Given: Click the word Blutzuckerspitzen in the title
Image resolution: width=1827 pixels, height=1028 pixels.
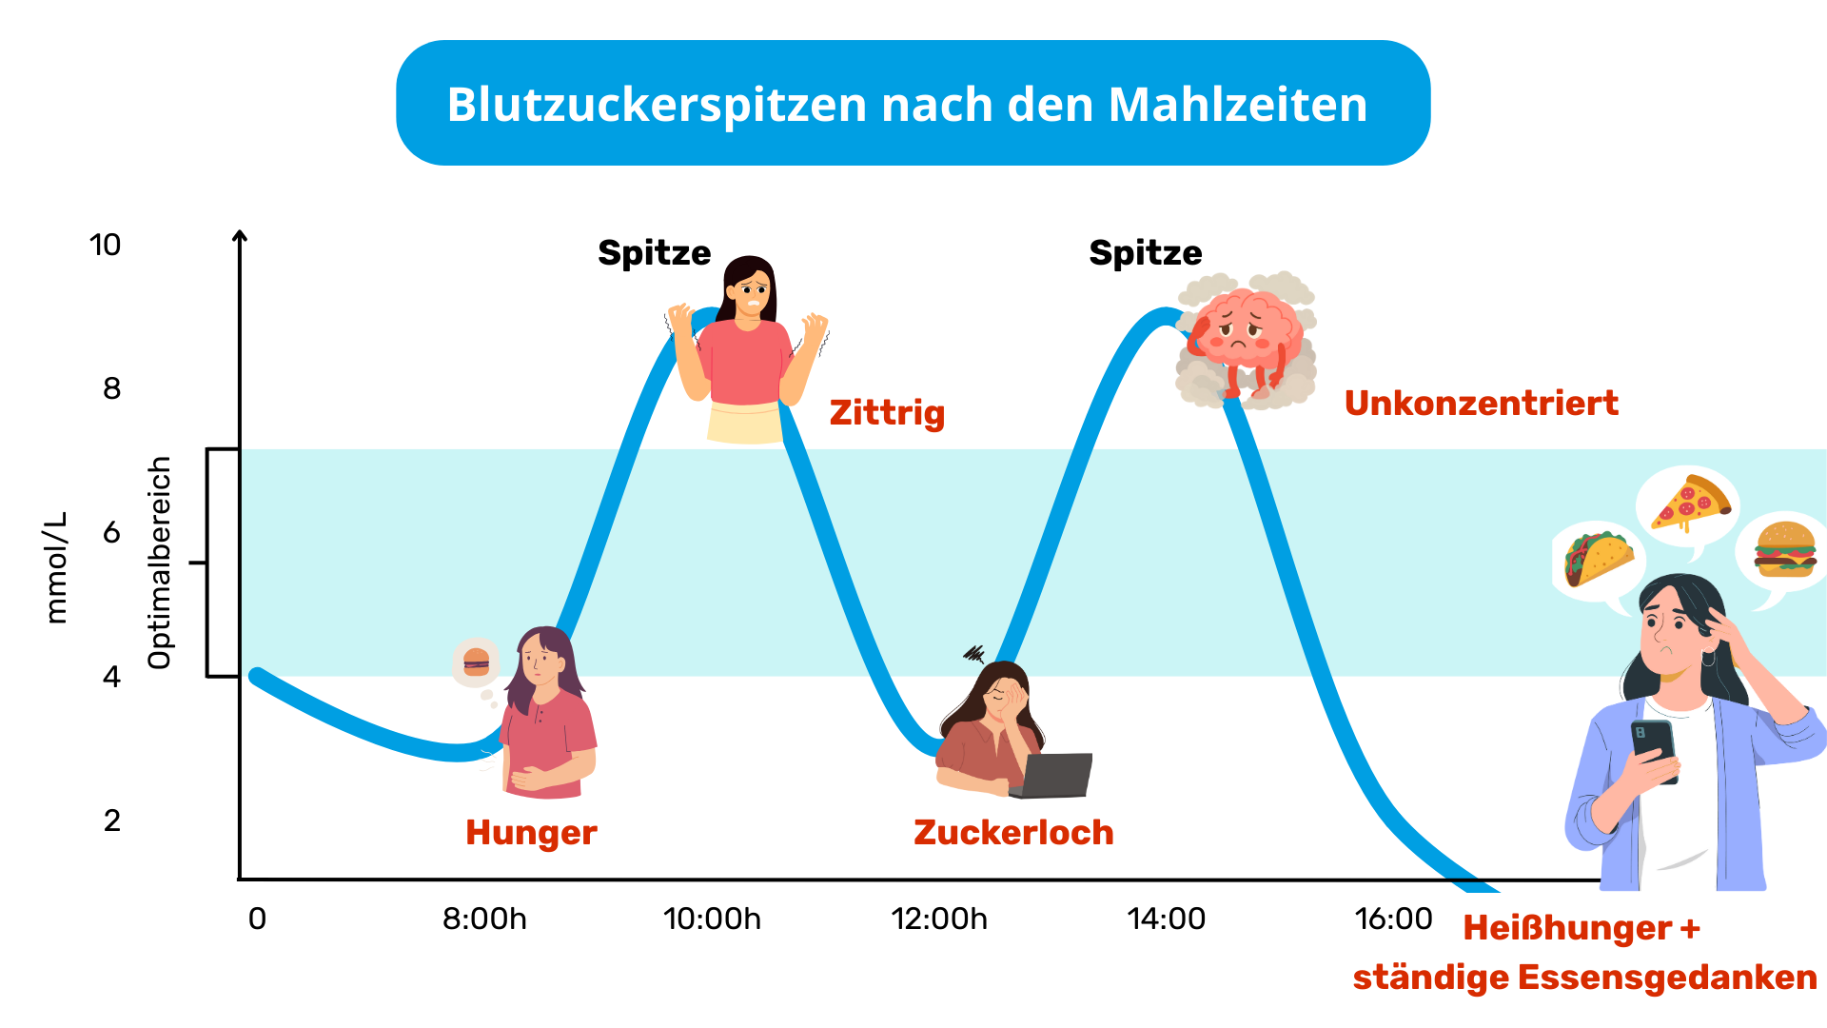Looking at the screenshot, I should (657, 105).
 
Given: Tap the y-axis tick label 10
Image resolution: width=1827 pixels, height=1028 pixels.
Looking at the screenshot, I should (105, 246).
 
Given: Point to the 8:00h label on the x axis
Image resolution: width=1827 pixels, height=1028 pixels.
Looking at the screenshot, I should (484, 919).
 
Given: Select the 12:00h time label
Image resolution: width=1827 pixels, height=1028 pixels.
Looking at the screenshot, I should (938, 919).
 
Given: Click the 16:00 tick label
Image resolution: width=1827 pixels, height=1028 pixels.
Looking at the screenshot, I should (1393, 919).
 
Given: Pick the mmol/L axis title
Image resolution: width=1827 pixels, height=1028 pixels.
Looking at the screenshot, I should (57, 567).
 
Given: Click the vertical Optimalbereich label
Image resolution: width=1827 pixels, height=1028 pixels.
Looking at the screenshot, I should (160, 563).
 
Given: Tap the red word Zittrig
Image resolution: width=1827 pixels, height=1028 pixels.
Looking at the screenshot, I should (887, 413).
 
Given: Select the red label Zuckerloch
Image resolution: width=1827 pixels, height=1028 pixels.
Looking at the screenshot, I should (1013, 833).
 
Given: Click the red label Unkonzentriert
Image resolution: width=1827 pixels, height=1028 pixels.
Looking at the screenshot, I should (1481, 404).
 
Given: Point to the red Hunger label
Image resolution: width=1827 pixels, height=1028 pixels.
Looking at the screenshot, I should (531, 833).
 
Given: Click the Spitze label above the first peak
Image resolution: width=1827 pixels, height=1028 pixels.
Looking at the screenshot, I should (654, 253).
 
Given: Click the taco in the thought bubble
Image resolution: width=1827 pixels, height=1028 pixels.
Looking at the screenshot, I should (1598, 558).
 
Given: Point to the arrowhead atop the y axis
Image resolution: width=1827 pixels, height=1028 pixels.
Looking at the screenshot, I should (240, 235).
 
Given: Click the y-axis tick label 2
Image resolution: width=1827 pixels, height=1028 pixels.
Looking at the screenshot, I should (112, 820).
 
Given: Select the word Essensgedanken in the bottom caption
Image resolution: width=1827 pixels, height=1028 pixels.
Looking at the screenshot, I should (1666, 978).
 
